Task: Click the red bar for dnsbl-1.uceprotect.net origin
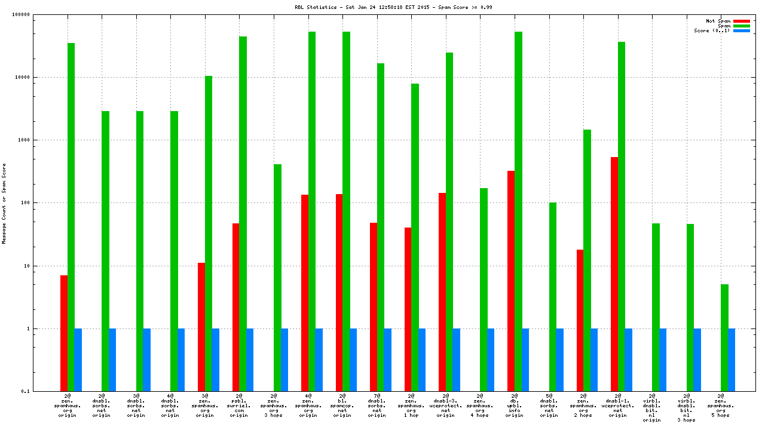coord(614,274)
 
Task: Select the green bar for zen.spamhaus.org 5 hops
coord(724,337)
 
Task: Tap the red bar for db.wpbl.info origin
coord(511,281)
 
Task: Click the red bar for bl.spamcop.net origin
coord(339,293)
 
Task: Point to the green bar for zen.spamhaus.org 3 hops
coord(277,278)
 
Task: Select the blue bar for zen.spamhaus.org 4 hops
coord(491,360)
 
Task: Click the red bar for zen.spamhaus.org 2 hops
coord(580,320)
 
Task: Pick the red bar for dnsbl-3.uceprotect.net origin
coord(442,292)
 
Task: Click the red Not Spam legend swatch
coord(741,21)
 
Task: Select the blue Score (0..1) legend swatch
coord(741,30)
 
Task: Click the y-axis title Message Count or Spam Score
coord(4,203)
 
